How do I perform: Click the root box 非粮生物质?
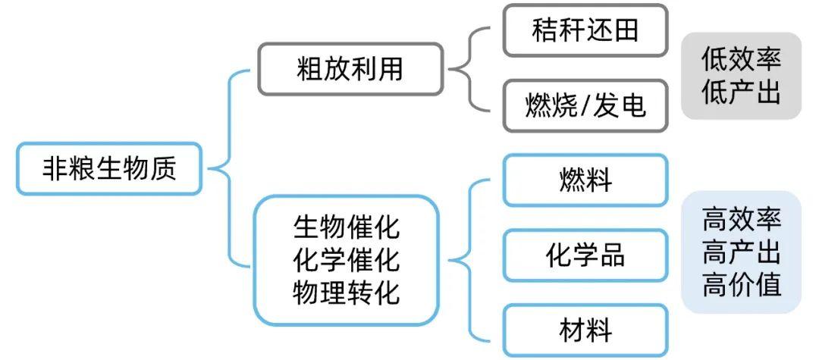pyautogui.click(x=109, y=167)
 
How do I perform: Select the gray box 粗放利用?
pyautogui.click(x=350, y=69)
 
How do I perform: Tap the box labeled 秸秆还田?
pyautogui.click(x=585, y=30)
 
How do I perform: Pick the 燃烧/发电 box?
pyautogui.click(x=585, y=105)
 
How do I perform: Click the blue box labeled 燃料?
pyautogui.click(x=585, y=180)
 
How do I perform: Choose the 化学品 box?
pyautogui.click(x=585, y=255)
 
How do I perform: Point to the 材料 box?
pyautogui.click(x=585, y=330)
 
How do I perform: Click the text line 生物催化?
pyautogui.click(x=346, y=227)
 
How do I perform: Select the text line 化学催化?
pyautogui.click(x=346, y=259)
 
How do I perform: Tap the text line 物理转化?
pyautogui.click(x=346, y=292)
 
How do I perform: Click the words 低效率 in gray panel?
pyautogui.click(x=741, y=58)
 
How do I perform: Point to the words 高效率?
pyautogui.click(x=741, y=220)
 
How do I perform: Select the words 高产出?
pyautogui.click(x=741, y=252)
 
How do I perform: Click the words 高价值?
pyautogui.click(x=741, y=286)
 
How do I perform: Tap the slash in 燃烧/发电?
pyautogui.click(x=583, y=105)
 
